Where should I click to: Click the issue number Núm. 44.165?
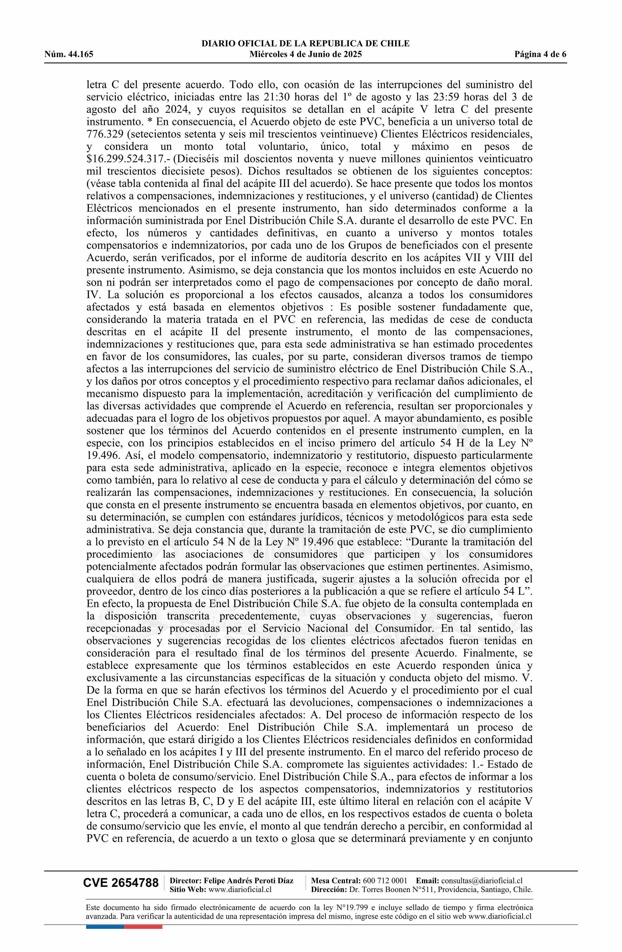tap(69, 54)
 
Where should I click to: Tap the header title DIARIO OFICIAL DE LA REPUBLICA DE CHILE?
tap(305, 44)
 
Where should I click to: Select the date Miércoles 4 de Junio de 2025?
tap(305, 54)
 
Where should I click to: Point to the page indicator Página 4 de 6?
tap(541, 54)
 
